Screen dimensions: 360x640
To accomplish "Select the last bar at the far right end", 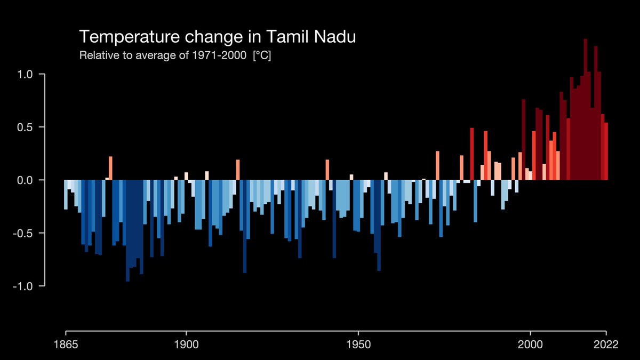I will click(606, 151).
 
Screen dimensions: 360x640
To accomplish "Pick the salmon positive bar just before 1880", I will click(110, 168).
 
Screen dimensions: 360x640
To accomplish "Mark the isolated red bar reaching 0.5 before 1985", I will click(472, 154).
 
